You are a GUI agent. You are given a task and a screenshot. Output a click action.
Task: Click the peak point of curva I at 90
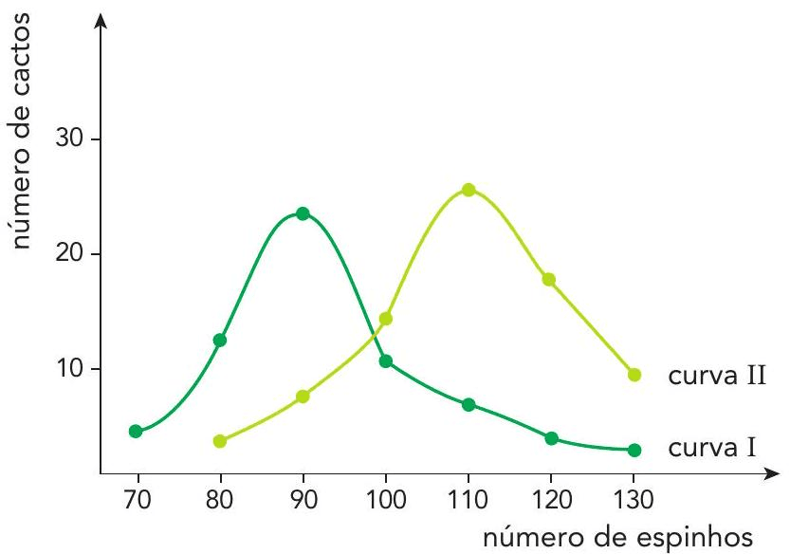pos(303,213)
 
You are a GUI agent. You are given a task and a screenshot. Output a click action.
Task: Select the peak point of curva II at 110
pos(468,190)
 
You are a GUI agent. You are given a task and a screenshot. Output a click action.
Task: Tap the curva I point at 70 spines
pos(136,431)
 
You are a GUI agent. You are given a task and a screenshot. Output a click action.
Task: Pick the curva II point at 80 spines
pos(220,441)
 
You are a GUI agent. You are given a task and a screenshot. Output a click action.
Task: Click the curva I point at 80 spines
pos(220,340)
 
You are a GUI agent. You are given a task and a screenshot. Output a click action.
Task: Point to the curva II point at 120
pos(548,279)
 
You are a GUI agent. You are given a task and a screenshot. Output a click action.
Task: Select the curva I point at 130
pos(634,450)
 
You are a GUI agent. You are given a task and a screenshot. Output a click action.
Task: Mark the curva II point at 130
pos(634,375)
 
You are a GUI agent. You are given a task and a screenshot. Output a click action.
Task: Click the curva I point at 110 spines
pos(468,405)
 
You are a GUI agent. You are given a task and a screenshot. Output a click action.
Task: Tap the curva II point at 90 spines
pos(303,397)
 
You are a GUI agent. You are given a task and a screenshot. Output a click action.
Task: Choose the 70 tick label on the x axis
pos(138,497)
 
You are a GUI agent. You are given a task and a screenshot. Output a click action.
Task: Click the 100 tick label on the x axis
pos(384,497)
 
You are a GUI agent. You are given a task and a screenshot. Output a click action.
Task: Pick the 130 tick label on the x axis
pos(633,497)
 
